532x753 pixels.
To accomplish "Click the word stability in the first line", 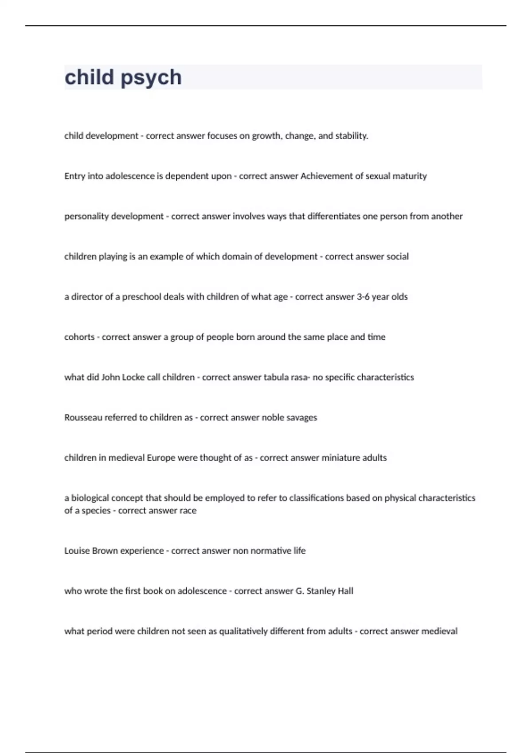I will click(x=351, y=136).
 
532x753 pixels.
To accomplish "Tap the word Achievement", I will click(x=326, y=176).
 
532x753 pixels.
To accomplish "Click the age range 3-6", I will click(x=363, y=297).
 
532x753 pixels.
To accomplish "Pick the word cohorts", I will click(x=79, y=337).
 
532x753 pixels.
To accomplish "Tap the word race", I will click(x=188, y=511).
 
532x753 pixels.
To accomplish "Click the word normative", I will click(x=271, y=551).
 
